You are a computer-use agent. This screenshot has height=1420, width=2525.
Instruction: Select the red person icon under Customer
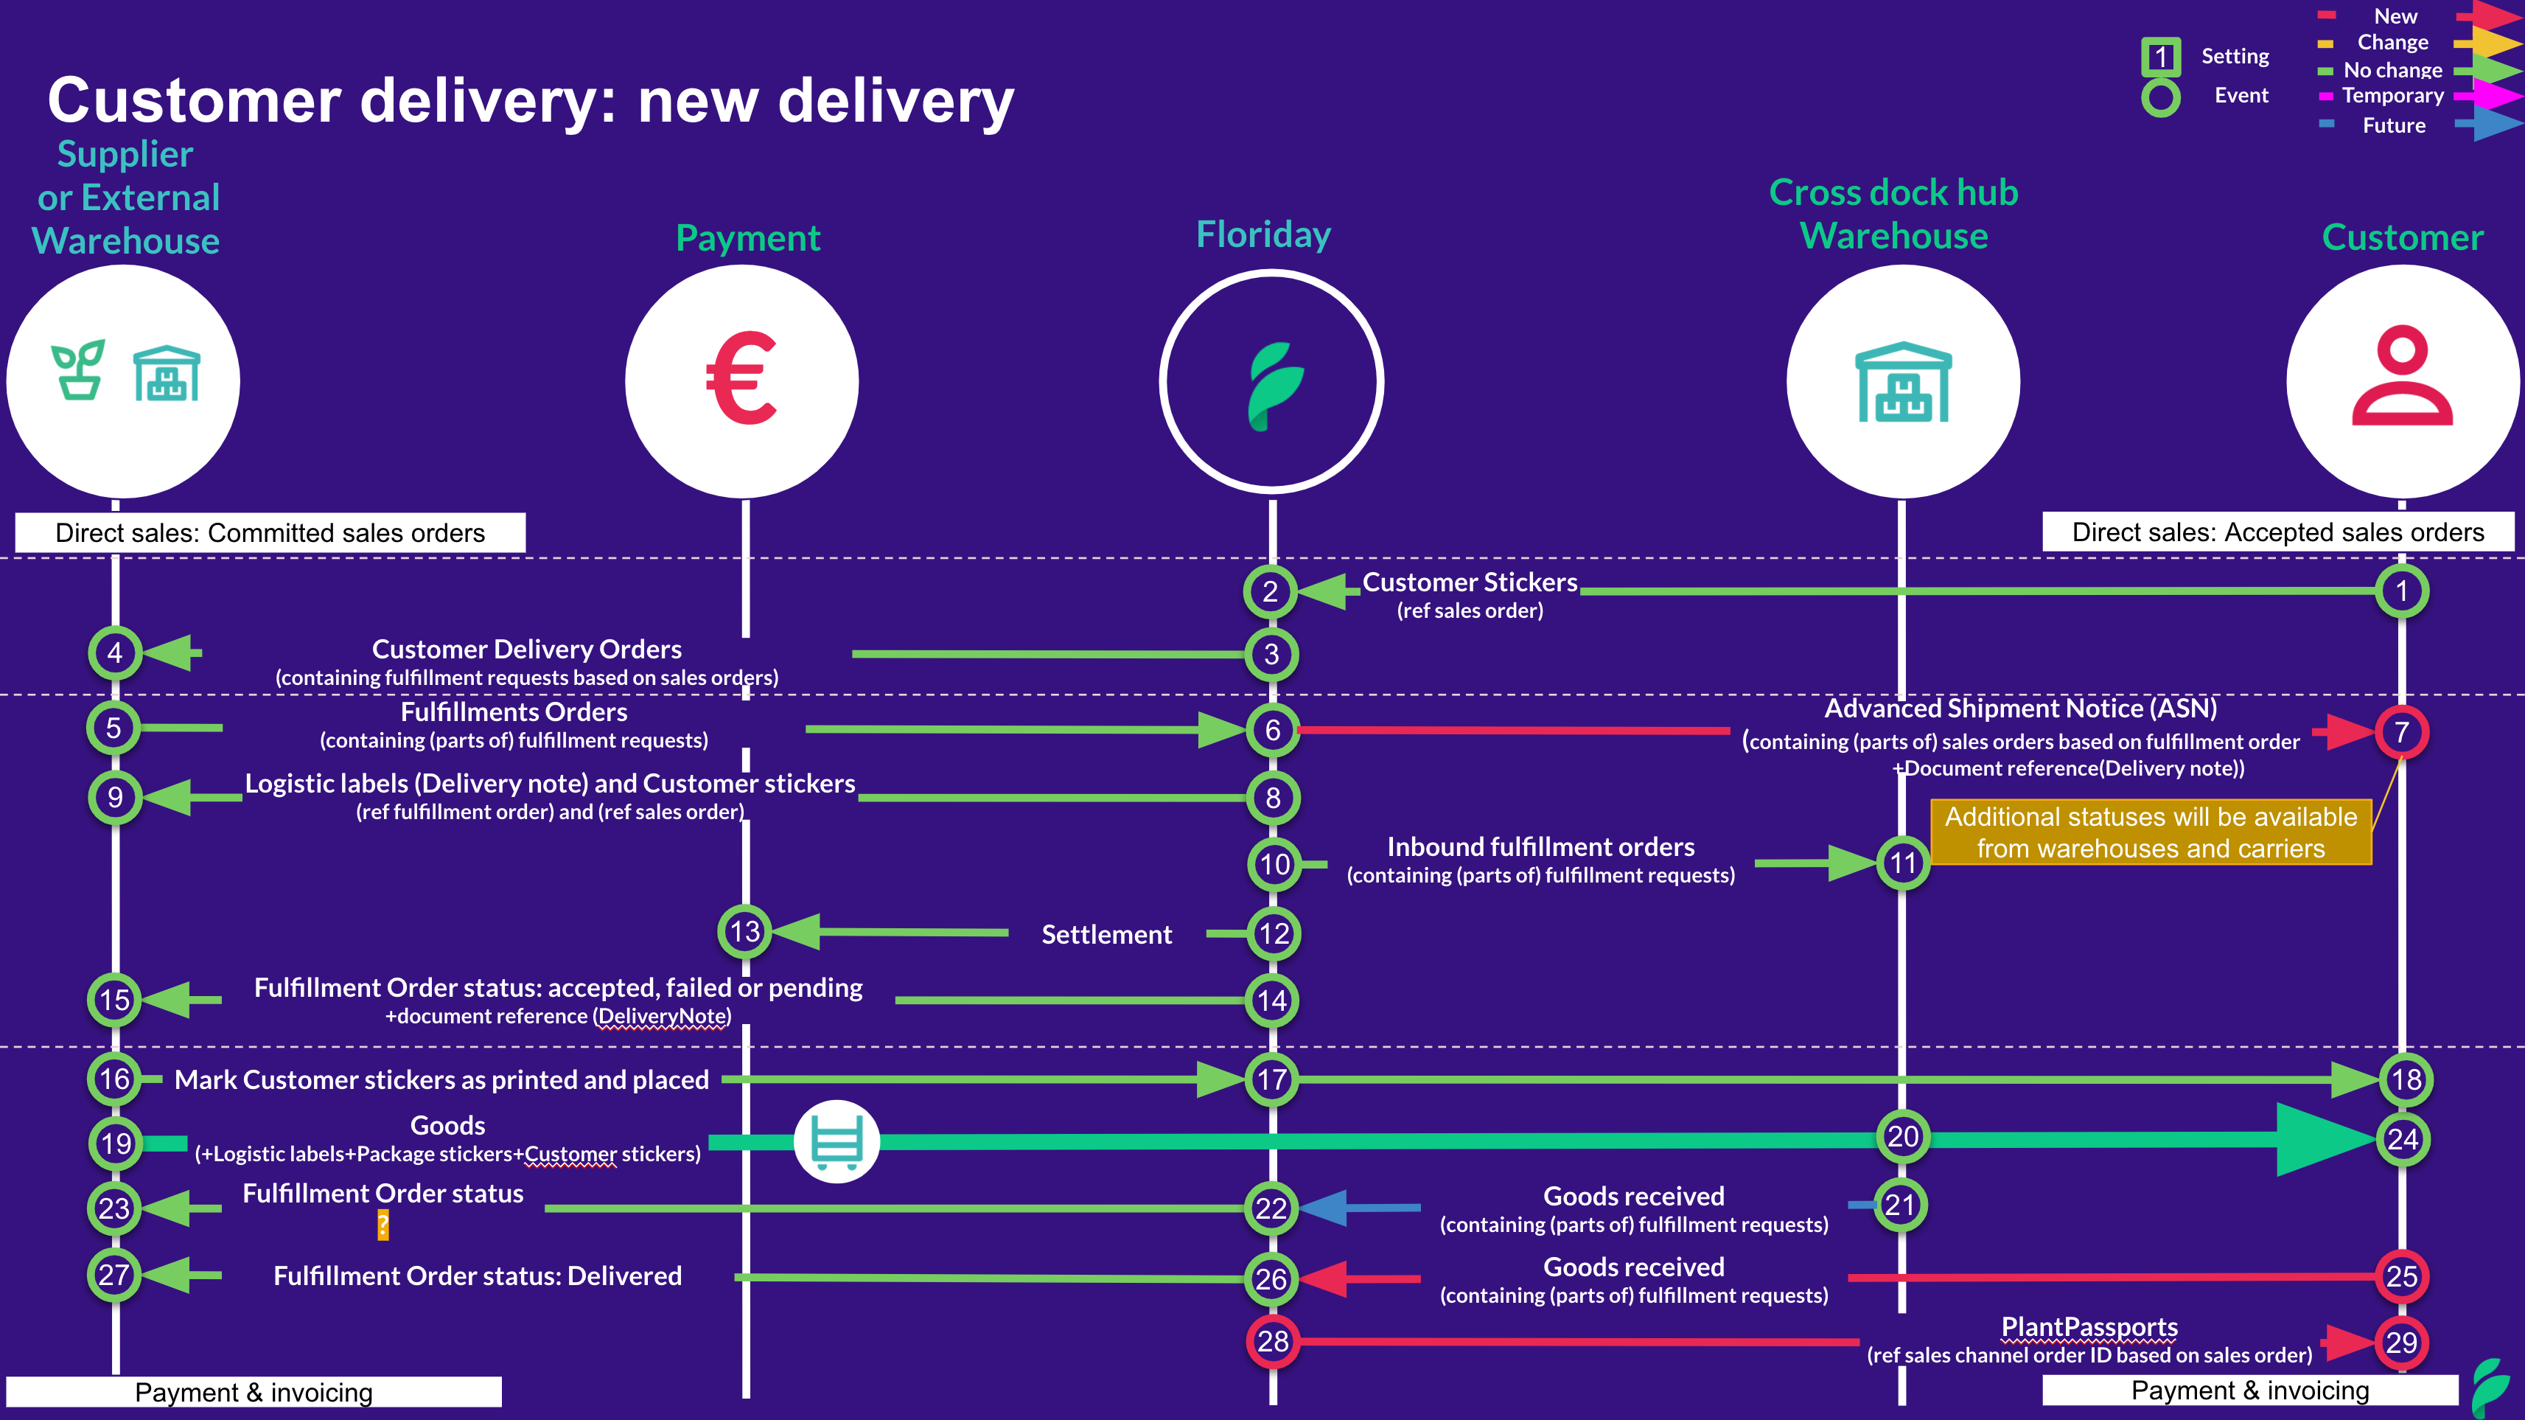[x=2401, y=377]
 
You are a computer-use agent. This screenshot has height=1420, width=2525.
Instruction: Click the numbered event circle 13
[x=745, y=932]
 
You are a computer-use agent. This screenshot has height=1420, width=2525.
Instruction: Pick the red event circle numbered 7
[x=2401, y=731]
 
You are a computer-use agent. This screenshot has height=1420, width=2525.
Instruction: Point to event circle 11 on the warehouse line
[x=1902, y=863]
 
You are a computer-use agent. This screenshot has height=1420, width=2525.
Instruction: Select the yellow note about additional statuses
[x=2151, y=832]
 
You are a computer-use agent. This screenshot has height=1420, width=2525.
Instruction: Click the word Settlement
[x=1107, y=935]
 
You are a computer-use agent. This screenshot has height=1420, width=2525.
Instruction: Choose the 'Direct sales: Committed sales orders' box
[x=270, y=532]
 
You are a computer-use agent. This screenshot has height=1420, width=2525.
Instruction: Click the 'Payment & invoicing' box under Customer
[x=2249, y=1391]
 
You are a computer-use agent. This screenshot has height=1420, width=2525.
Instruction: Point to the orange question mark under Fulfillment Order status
[x=383, y=1225]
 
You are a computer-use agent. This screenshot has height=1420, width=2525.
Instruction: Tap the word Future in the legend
[x=2394, y=125]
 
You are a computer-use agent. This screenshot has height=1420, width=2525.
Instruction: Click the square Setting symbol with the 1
[x=2160, y=57]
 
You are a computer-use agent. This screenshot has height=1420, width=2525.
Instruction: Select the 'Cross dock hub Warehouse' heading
[x=1894, y=214]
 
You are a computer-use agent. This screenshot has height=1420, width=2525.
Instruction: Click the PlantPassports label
[x=2089, y=1327]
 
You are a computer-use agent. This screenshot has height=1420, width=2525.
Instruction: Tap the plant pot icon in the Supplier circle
[x=78, y=371]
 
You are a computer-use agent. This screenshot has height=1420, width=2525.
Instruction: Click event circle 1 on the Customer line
[x=2401, y=591]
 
